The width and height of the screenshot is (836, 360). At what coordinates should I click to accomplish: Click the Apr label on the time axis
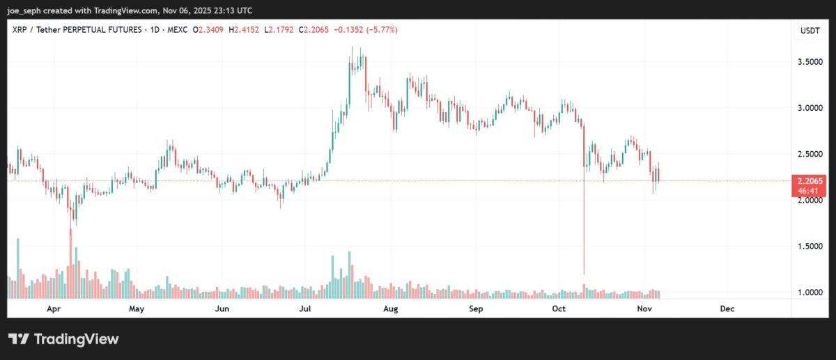click(52, 308)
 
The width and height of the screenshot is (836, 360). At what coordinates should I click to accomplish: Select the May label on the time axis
click(137, 308)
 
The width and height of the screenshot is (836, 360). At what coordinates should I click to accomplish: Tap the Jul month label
click(304, 308)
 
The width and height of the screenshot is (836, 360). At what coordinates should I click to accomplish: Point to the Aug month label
click(391, 308)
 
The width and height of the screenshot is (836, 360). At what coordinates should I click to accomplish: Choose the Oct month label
click(559, 308)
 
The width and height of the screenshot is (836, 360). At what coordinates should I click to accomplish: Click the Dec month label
click(727, 308)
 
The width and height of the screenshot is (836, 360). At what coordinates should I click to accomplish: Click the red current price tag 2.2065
click(808, 180)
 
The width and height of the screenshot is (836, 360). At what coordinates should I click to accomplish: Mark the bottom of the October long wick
click(583, 274)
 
